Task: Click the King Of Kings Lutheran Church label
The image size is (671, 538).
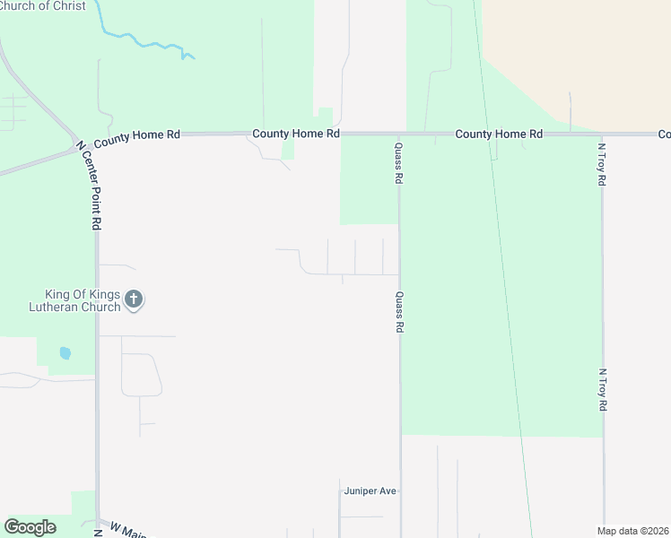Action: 83,300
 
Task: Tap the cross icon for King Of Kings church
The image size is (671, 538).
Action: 134,299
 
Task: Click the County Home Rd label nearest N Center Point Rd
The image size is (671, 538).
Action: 136,135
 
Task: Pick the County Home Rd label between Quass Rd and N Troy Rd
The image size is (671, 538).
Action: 499,134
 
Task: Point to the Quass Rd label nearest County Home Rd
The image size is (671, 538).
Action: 398,163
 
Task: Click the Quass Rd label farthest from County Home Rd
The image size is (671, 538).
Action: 398,312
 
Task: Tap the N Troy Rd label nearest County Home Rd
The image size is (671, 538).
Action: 602,163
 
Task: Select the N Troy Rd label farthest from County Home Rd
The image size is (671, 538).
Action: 602,390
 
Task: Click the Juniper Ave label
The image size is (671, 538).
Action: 370,491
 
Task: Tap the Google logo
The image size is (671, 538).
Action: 30,527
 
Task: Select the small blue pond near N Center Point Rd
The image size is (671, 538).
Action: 65,353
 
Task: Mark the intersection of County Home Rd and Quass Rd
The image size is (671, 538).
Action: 399,134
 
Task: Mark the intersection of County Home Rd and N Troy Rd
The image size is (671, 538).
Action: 602,134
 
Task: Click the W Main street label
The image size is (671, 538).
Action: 122,530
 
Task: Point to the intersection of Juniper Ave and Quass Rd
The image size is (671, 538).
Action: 399,491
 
